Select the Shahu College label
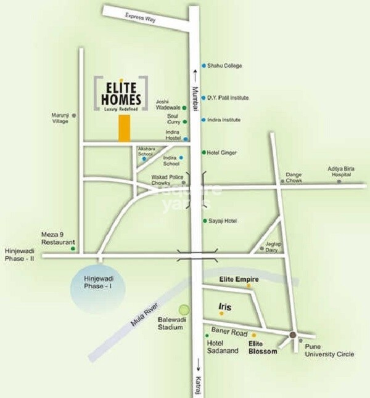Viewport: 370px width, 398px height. pyautogui.click(x=225, y=65)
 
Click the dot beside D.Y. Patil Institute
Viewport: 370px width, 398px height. pyautogui.click(x=204, y=97)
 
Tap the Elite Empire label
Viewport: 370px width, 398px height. pyautogui.click(x=230, y=280)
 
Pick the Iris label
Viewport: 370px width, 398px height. pyautogui.click(x=224, y=305)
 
